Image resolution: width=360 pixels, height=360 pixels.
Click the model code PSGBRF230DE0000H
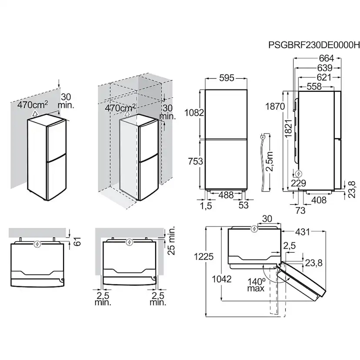(x=314, y=44)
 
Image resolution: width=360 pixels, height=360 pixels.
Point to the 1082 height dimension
(x=193, y=113)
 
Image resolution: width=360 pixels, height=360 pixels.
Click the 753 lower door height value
(x=196, y=162)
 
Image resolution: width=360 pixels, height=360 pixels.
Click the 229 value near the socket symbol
(x=299, y=183)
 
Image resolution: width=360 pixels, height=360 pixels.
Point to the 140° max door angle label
(x=256, y=284)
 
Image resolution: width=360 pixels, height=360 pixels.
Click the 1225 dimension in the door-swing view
(x=204, y=257)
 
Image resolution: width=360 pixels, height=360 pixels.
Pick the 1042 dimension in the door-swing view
(x=223, y=279)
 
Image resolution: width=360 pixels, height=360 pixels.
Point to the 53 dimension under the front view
(x=243, y=205)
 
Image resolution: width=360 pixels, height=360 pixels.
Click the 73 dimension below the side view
(x=300, y=210)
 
